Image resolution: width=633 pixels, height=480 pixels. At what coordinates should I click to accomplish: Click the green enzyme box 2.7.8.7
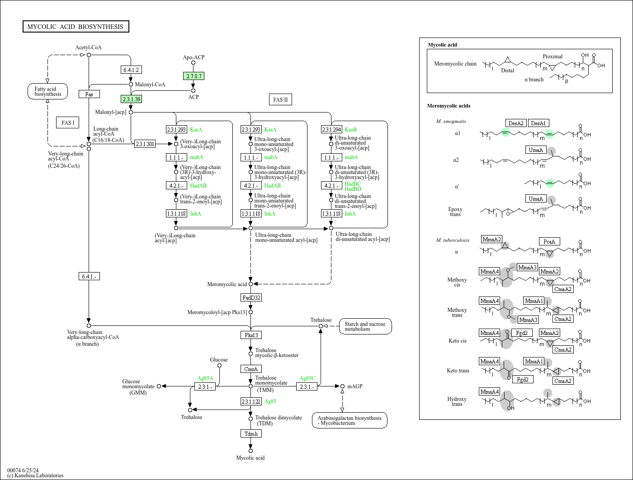(x=194, y=76)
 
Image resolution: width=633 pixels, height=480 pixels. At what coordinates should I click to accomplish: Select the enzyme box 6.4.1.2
(x=131, y=70)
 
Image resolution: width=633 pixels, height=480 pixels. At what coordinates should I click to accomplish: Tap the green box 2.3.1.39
(x=131, y=99)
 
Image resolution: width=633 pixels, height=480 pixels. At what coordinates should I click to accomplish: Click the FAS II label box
(x=280, y=100)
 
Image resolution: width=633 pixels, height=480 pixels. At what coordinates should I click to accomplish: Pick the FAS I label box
(x=68, y=122)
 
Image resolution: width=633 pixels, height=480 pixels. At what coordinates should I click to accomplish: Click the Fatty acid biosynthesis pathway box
(x=47, y=91)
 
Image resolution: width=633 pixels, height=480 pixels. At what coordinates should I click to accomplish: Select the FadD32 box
(x=251, y=297)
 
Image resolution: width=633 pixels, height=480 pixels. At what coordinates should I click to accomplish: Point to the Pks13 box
(x=251, y=335)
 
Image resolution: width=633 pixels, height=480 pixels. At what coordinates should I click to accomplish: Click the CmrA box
(x=251, y=369)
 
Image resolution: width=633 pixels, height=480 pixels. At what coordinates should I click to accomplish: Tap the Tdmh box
(x=251, y=433)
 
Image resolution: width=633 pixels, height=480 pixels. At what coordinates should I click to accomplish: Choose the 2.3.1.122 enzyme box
(x=251, y=401)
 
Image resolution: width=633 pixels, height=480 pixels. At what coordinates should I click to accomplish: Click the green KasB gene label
(x=350, y=130)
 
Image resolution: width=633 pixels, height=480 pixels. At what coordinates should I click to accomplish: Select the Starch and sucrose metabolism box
(x=365, y=326)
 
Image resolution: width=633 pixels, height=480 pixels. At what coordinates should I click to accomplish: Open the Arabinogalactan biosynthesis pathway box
(x=349, y=420)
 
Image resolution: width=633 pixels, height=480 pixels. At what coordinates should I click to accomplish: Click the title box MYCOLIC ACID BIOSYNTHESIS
(x=76, y=27)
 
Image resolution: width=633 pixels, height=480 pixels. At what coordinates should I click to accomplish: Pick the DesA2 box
(x=516, y=123)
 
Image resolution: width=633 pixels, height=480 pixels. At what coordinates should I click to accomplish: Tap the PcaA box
(x=549, y=241)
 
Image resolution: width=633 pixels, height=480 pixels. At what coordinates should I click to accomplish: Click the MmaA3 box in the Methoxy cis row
(x=527, y=267)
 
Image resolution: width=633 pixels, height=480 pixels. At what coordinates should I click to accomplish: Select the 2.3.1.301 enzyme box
(x=145, y=144)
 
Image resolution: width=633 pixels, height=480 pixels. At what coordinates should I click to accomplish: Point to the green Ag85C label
(x=307, y=378)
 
